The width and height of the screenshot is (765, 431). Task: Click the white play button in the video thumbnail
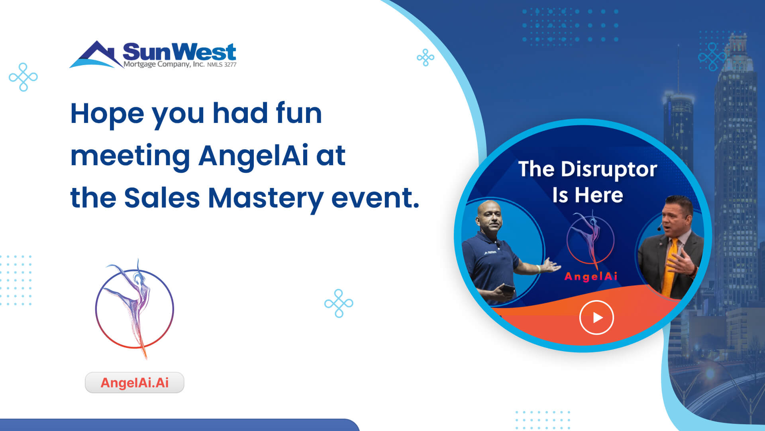click(596, 317)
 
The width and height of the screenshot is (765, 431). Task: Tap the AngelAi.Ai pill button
click(135, 382)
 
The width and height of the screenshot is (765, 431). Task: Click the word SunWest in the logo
click(179, 51)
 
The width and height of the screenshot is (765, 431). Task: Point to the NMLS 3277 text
click(222, 65)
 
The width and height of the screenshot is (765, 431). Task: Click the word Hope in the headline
click(107, 115)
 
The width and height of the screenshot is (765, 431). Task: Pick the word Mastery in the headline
click(266, 199)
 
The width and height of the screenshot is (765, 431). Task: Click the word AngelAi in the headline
click(253, 155)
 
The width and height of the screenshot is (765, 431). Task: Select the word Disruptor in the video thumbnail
click(609, 170)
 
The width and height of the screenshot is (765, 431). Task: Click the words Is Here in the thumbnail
click(587, 195)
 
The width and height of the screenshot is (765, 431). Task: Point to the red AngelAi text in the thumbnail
click(591, 276)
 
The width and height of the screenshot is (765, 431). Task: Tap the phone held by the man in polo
click(507, 288)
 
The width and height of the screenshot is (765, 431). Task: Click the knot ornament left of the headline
click(23, 77)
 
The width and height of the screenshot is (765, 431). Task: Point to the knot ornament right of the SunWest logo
click(426, 58)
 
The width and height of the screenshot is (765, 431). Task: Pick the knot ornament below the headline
click(339, 303)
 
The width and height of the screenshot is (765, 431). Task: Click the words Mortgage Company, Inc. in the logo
click(164, 64)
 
